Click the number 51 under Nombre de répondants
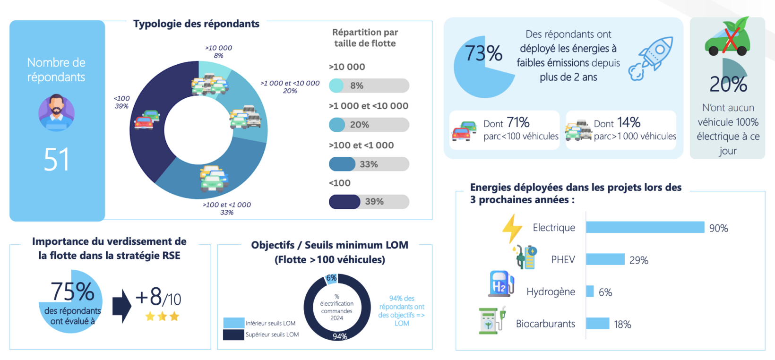pos(56,160)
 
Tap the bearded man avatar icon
pos(56,112)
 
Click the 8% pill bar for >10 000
pos(369,86)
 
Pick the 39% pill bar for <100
pos(369,202)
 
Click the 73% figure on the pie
pos(483,53)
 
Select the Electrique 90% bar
pos(645,228)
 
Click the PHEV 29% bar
pos(605,259)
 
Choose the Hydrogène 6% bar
pos(590,291)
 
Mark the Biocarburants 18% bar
pos(597,324)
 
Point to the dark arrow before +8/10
pos(122,306)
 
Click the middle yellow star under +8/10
pos(162,317)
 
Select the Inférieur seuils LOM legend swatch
pos(233,323)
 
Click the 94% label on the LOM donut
pos(340,336)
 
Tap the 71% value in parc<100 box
pos(518,123)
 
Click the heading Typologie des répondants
pos(196,24)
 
